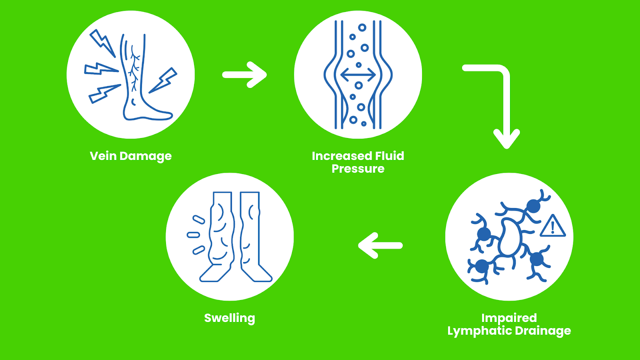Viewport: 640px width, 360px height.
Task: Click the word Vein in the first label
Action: [103, 156]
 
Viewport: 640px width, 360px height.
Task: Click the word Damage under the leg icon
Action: [146, 156]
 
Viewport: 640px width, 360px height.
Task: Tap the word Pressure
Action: [358, 168]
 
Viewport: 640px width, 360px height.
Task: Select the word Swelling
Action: [230, 318]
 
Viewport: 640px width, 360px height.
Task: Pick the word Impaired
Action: [509, 318]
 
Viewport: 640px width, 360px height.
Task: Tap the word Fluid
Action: [390, 156]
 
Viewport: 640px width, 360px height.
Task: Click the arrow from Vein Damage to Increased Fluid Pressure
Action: [244, 75]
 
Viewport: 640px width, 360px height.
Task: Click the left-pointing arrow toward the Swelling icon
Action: [380, 246]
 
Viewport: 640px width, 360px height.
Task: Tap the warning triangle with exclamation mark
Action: [553, 226]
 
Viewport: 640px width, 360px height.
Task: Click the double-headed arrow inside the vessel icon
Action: [358, 75]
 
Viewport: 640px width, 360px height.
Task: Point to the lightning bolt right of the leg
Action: [163, 80]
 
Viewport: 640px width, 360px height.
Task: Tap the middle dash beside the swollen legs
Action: [194, 235]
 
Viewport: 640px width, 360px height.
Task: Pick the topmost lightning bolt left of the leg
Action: [102, 43]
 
